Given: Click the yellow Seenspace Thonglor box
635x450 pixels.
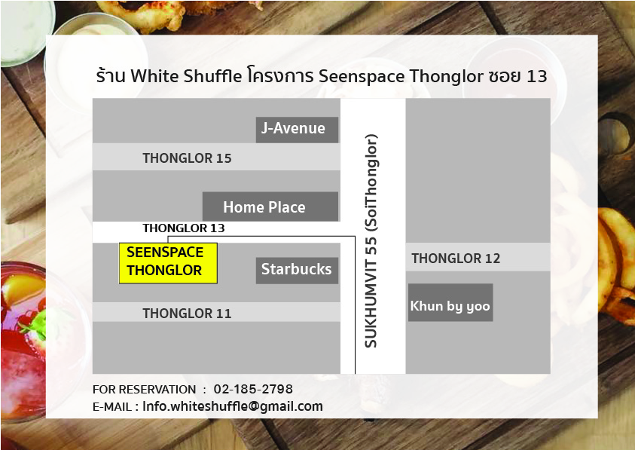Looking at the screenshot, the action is pyautogui.click(x=168, y=263).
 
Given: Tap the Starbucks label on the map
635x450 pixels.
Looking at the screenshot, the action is pyautogui.click(x=297, y=270).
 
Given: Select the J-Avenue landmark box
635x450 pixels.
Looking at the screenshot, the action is pyautogui.click(x=297, y=130).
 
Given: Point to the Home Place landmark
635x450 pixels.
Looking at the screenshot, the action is pyautogui.click(x=270, y=207).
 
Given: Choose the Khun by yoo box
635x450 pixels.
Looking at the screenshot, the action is pyautogui.click(x=450, y=302).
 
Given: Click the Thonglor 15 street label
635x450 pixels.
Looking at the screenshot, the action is pyautogui.click(x=187, y=158).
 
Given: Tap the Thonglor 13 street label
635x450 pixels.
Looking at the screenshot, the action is pyautogui.click(x=184, y=228).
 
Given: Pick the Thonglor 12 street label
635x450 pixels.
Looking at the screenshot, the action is pyautogui.click(x=456, y=259).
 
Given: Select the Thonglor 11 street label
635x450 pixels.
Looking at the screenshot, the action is pyautogui.click(x=187, y=314).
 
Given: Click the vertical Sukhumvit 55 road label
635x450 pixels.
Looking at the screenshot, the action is pyautogui.click(x=371, y=240).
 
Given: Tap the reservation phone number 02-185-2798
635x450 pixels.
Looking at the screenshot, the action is pyautogui.click(x=253, y=389).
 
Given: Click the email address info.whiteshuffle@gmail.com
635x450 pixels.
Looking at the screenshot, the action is pyautogui.click(x=233, y=406).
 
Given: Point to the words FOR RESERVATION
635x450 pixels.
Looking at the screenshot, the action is pyautogui.click(x=144, y=390).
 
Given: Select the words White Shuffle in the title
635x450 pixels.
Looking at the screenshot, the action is pyautogui.click(x=186, y=76).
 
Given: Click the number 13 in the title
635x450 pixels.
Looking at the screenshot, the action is pyautogui.click(x=537, y=76).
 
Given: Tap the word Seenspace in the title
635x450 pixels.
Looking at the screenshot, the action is pyautogui.click(x=362, y=77).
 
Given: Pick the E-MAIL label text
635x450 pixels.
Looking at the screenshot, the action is pyautogui.click(x=112, y=406).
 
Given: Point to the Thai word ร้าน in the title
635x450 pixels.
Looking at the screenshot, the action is pyautogui.click(x=111, y=75).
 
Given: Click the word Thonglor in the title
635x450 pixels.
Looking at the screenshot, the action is pyautogui.click(x=446, y=77).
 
